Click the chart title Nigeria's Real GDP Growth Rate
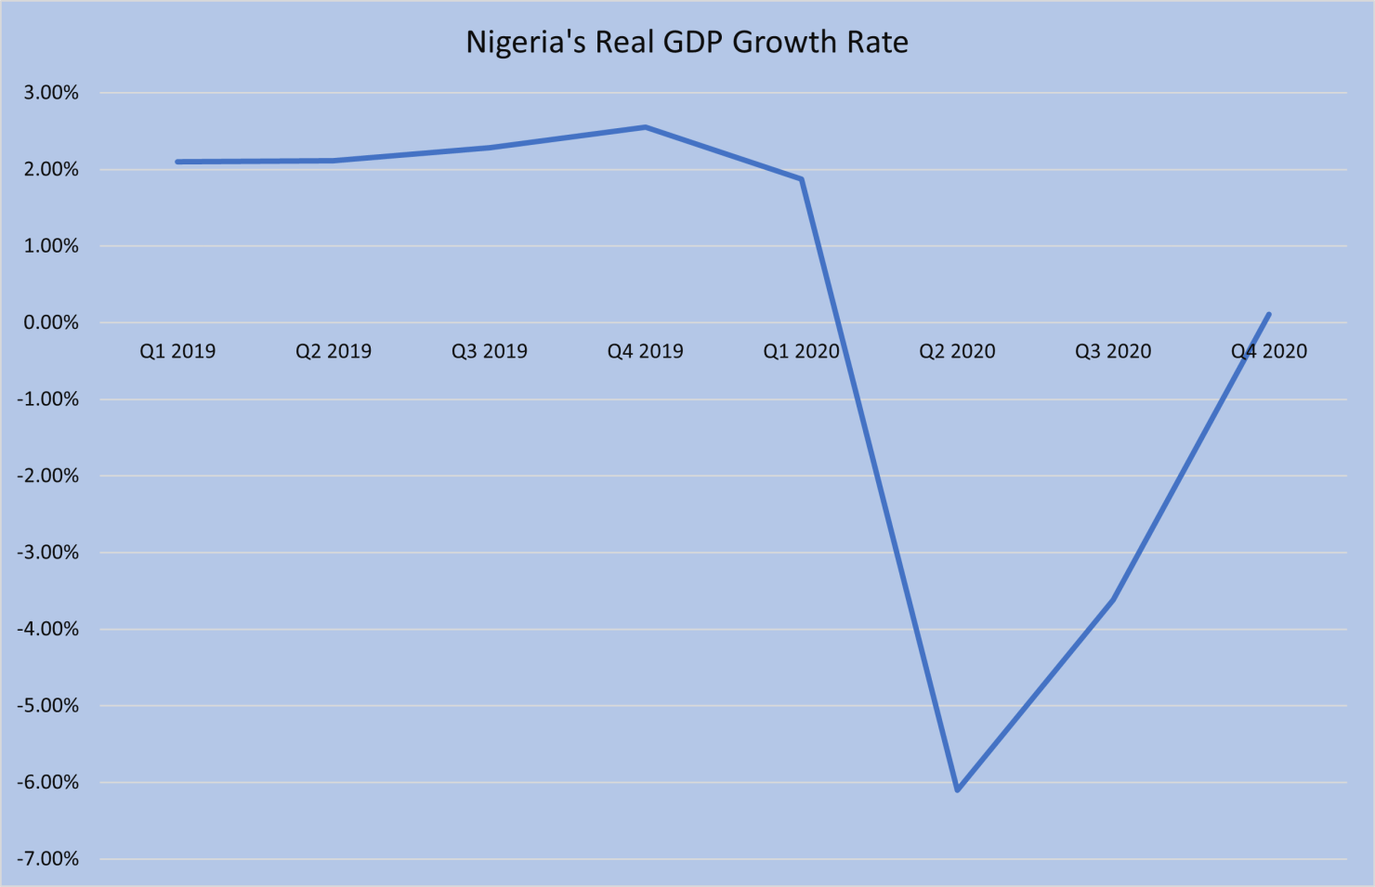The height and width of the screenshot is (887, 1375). tap(687, 43)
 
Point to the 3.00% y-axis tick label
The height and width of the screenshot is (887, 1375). tap(51, 93)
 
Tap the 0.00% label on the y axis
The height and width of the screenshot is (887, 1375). tap(51, 323)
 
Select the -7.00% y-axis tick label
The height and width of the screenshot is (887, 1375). tap(47, 859)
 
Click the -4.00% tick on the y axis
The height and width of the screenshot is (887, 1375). tap(47, 630)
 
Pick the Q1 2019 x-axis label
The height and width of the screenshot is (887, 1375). tap(177, 351)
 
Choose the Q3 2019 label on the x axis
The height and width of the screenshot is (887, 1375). tap(490, 351)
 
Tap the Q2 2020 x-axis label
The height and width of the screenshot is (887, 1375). tap(957, 351)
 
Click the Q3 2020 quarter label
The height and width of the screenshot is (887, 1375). tap(1113, 351)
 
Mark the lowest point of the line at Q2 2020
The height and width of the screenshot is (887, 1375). tap(957, 789)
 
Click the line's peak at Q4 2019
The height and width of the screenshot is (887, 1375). tap(646, 127)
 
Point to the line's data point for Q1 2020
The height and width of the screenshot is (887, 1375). tap(801, 179)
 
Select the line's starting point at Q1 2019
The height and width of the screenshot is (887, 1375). tap(177, 162)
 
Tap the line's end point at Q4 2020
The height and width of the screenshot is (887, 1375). tap(1268, 314)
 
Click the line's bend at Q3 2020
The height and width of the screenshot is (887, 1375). tap(1113, 600)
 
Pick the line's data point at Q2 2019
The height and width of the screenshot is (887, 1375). tap(334, 161)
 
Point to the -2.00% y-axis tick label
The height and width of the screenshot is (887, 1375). tap(47, 476)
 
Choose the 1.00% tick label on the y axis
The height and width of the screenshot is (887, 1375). tap(51, 246)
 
